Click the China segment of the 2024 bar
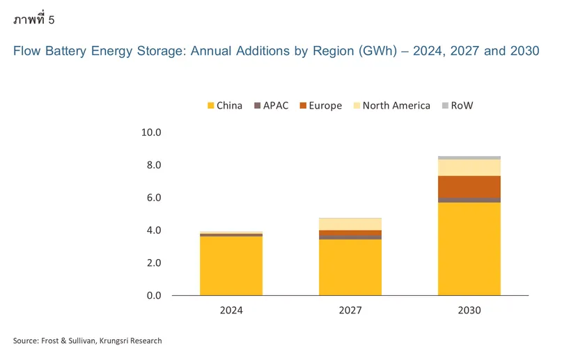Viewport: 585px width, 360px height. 231,266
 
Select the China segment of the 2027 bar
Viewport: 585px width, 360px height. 350,267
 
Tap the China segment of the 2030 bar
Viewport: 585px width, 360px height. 469,249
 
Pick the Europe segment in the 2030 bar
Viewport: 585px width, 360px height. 469,187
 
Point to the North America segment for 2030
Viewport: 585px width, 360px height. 469,167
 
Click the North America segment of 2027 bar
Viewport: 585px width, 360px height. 350,224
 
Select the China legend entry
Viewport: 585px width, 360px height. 225,106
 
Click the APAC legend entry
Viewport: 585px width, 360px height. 271,106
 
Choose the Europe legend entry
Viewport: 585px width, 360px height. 320,106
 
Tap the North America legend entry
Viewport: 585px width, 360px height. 391,106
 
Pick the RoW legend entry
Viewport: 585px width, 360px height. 457,106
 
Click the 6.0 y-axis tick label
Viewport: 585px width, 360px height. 153,198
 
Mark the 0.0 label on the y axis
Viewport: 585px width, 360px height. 153,296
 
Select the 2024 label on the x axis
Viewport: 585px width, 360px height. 231,311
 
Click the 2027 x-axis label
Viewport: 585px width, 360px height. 350,311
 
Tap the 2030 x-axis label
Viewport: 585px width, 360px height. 469,311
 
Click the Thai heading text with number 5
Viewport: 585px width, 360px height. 33,19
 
